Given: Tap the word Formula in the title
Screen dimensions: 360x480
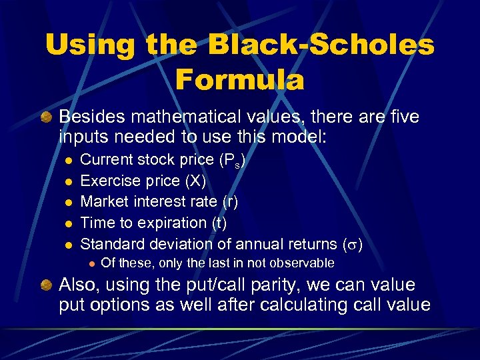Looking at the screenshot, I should [239, 79].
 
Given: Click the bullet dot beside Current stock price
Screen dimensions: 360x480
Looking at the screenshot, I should [68, 160].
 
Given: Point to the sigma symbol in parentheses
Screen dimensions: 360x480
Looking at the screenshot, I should [353, 243].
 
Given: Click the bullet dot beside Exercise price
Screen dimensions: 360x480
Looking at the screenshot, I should [68, 181].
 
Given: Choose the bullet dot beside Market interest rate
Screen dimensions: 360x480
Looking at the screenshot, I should [68, 201].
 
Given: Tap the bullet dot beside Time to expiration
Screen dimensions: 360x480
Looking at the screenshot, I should [68, 222].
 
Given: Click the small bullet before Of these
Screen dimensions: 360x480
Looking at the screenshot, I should [89, 264].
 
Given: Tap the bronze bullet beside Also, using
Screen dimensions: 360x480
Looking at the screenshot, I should [46, 285].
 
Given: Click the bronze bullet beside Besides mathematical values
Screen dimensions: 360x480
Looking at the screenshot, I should [46, 117].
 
